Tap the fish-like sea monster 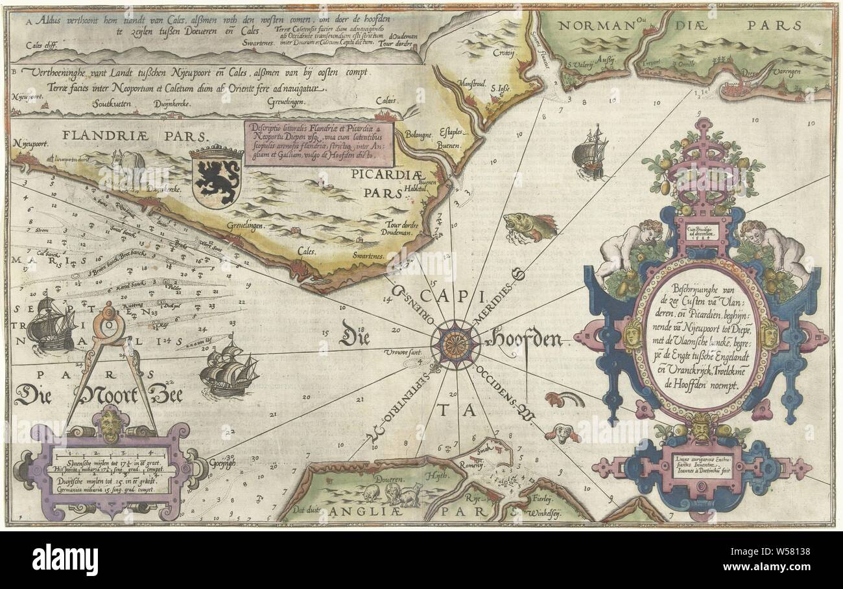(528, 227)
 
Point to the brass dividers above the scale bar (110, 363)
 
